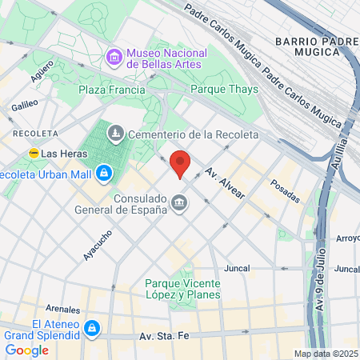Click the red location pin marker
click(x=180, y=164)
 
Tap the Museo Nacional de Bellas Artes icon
click(x=114, y=58)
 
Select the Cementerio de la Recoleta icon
click(x=115, y=134)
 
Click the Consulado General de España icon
click(x=180, y=204)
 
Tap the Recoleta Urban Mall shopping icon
click(x=104, y=172)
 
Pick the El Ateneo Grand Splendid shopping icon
click(x=92, y=328)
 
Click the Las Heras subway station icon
click(x=34, y=153)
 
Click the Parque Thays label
click(x=224, y=90)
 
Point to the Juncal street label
click(x=238, y=268)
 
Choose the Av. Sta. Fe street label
click(x=163, y=338)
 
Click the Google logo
click(x=26, y=350)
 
